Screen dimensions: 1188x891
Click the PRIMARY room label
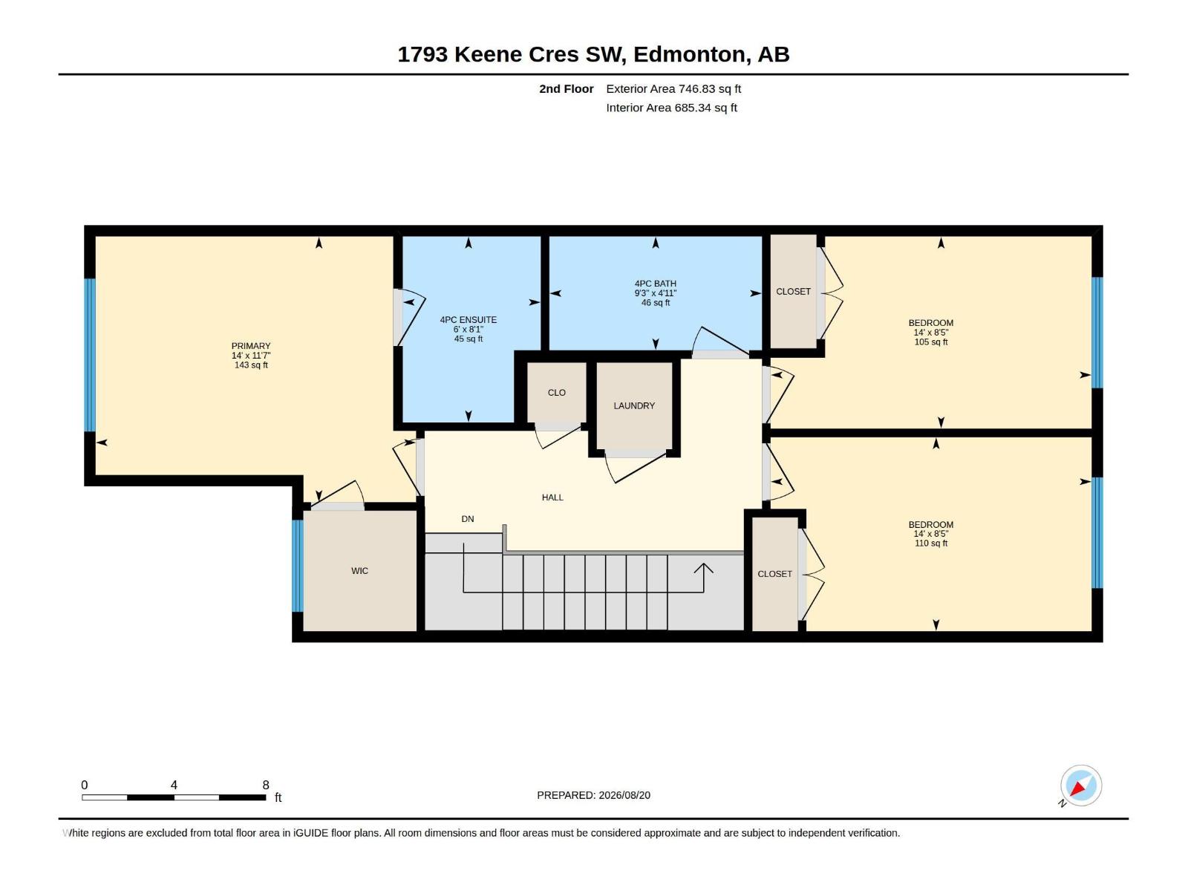pos(250,346)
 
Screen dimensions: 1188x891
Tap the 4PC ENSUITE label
pos(469,320)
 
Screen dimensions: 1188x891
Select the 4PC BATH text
pos(656,284)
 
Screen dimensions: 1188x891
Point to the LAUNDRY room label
pos(634,405)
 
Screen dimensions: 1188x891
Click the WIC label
pos(359,571)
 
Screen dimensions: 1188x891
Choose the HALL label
pos(552,497)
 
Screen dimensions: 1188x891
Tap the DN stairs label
pos(468,519)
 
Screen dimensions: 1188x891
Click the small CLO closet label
pos(556,393)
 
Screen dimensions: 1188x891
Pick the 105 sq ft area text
pos(931,342)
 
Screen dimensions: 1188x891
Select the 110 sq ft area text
pos(931,544)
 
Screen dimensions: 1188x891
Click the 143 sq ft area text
pos(250,365)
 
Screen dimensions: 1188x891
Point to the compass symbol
pos(1080,786)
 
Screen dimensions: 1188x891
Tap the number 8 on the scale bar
pos(266,785)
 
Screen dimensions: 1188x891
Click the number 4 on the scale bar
pos(174,785)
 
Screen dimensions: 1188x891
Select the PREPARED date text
pos(593,795)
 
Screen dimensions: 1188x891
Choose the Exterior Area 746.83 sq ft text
pos(673,88)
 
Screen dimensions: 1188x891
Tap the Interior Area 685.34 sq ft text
pos(672,108)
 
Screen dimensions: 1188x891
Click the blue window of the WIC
pos(297,566)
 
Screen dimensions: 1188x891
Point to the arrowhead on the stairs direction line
pos(704,568)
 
